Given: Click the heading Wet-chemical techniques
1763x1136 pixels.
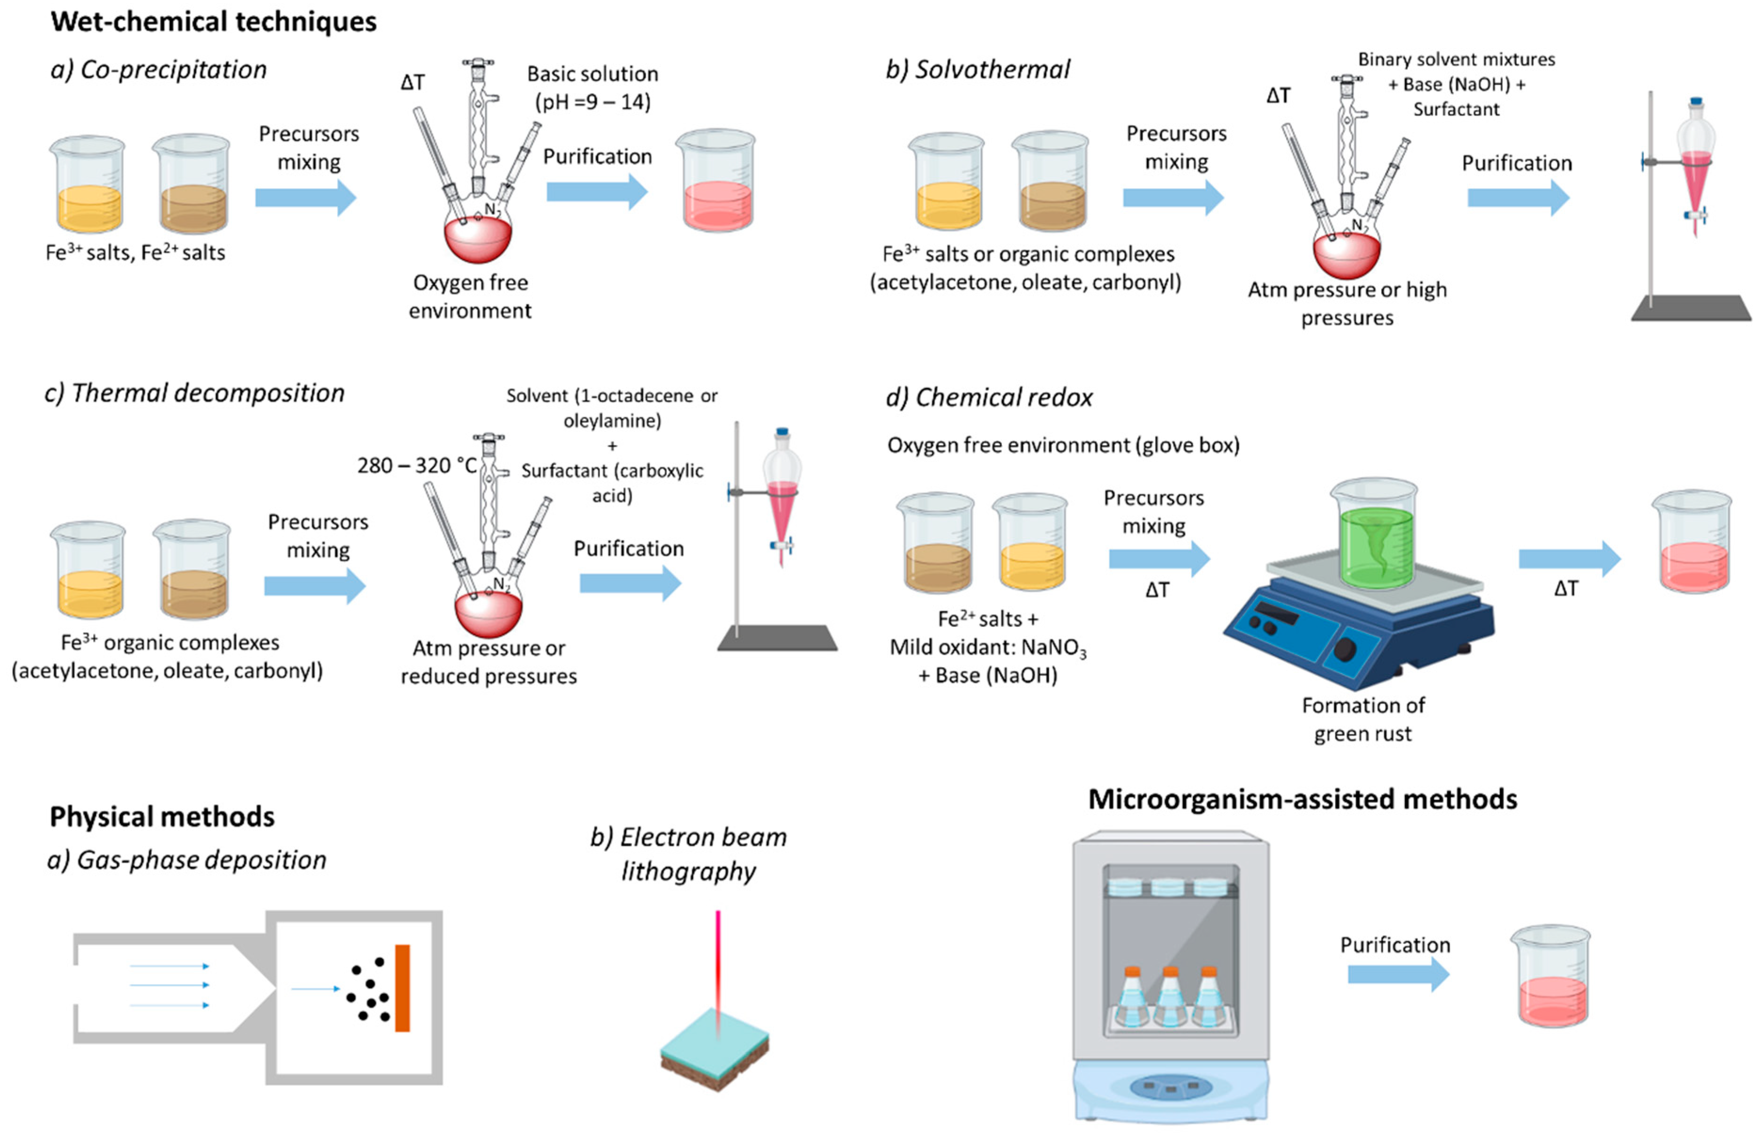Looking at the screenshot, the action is pyautogui.click(x=213, y=21).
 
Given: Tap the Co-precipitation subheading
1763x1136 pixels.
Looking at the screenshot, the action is pyautogui.click(x=158, y=69).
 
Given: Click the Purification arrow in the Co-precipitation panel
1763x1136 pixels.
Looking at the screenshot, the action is pyautogui.click(x=597, y=192).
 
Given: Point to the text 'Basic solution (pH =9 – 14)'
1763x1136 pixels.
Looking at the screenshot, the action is pyautogui.click(x=593, y=88).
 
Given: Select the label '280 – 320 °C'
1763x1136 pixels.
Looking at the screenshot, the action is pyautogui.click(x=417, y=466).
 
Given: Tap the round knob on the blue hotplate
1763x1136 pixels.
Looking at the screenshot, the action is pyautogui.click(x=1345, y=649).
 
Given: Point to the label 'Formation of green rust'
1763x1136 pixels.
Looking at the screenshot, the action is pyautogui.click(x=1363, y=719).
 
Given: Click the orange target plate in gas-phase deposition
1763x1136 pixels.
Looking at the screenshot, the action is pyautogui.click(x=402, y=988).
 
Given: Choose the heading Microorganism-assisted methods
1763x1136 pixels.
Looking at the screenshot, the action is pyautogui.click(x=1303, y=799).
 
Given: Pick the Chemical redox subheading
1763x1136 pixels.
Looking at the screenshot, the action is pyautogui.click(x=989, y=397).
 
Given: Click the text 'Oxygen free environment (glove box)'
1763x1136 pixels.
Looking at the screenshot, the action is pyautogui.click(x=1064, y=445).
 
